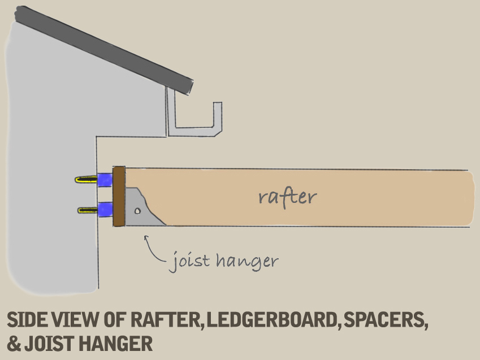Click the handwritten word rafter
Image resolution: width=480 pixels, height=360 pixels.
point(287,197)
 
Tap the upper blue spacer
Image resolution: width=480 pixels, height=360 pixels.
point(105,180)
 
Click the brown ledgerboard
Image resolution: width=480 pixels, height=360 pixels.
point(119,197)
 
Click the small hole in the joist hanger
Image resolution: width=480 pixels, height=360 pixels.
point(138,212)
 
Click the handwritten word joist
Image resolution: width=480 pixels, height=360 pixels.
point(189,261)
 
